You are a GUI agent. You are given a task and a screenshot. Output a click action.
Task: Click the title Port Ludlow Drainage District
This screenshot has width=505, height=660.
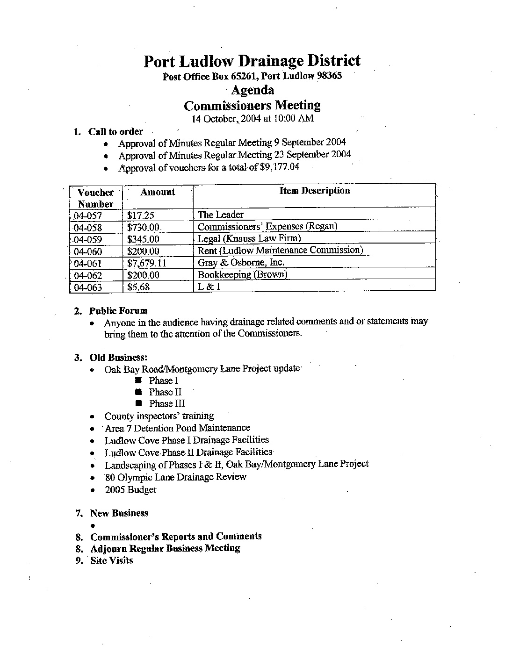pos(252,61)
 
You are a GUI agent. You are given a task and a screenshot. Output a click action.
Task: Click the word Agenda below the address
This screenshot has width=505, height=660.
pos(252,90)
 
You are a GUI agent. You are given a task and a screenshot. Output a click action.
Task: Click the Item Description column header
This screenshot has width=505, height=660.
pos(314,191)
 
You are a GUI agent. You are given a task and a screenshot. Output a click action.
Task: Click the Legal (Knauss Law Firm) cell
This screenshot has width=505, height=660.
pos(249,238)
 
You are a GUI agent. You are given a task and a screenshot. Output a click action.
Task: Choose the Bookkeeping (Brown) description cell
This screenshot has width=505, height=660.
pos(242,274)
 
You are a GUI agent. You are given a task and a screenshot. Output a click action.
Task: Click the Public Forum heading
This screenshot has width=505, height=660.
pos(118,311)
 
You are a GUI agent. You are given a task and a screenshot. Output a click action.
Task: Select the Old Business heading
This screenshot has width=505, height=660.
pos(119,358)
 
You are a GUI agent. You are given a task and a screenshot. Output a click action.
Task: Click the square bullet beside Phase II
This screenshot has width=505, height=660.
pos(138,392)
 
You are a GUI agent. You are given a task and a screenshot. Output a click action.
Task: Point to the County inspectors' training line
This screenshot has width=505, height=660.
pos(159,416)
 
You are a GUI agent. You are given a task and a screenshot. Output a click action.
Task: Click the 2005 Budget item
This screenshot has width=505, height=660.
pos(130,490)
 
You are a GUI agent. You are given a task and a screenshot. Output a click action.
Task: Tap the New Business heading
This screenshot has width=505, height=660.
pos(119,513)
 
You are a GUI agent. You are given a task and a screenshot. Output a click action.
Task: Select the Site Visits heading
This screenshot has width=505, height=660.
pos(111,560)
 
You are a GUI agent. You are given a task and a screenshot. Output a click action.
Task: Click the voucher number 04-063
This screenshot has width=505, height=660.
pos(88,287)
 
